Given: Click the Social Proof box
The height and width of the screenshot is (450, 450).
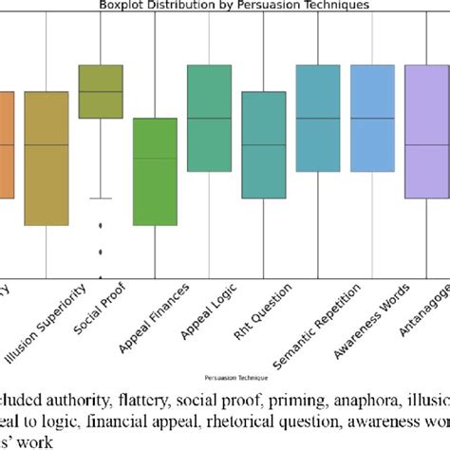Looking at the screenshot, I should (100, 91).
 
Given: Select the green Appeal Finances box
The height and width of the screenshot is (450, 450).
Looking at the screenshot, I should (154, 172).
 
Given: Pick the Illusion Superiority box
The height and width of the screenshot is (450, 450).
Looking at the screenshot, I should (46, 159).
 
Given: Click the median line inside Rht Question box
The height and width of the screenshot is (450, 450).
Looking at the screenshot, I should (263, 145).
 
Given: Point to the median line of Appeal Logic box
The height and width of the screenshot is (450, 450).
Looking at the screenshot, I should (209, 118).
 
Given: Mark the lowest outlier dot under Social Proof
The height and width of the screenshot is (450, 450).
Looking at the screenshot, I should (100, 252).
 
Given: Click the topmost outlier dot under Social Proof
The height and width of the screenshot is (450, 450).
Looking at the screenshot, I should (100, 225).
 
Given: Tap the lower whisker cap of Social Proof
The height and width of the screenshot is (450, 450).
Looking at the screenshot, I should (100, 198).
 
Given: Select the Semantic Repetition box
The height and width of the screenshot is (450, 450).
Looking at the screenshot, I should (318, 118).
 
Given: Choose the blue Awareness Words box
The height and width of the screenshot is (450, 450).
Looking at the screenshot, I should (372, 118).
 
